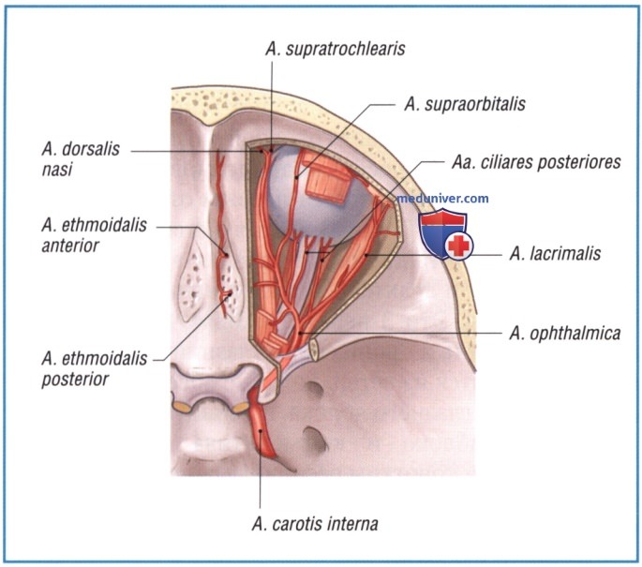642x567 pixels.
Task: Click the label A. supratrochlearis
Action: pos(335,49)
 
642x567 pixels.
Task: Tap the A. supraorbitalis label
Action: pos(465,104)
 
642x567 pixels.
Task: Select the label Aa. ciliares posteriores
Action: pos(536,162)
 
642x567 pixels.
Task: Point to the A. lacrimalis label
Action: pos(555,254)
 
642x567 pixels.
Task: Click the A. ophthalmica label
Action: pos(564,334)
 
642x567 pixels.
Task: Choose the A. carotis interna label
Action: pos(315,524)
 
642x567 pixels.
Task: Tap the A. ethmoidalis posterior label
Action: pos(95,368)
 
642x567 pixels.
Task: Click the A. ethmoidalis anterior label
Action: pos(94,235)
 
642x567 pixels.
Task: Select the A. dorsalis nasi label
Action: pos(81,159)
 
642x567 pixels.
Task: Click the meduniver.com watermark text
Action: pos(442,199)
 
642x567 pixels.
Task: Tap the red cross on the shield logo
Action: pos(459,246)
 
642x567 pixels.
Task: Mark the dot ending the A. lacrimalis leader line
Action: pos(366,255)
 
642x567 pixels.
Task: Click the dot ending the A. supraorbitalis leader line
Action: pos(296,177)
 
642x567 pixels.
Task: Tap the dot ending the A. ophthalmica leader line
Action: pos(301,333)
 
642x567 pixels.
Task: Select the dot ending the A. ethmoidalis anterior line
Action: pos(226,255)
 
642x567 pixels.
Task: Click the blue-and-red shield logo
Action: pos(445,233)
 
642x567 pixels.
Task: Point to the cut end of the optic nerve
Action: pos(314,350)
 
